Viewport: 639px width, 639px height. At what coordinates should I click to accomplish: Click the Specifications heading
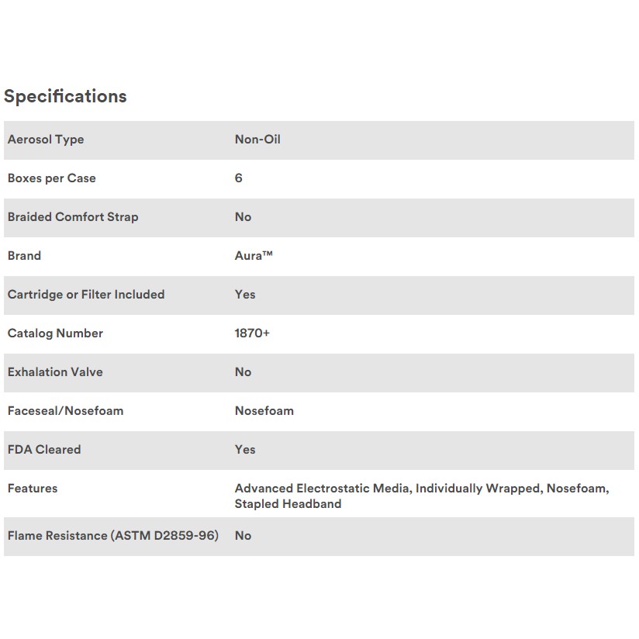65,96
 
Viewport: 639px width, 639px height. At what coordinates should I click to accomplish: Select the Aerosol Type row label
46,140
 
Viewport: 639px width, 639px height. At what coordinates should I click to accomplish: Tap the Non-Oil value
257,140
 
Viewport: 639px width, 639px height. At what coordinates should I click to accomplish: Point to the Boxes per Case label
52,178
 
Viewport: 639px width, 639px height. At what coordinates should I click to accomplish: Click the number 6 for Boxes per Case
239,178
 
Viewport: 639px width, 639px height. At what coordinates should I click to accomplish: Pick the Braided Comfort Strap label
73,217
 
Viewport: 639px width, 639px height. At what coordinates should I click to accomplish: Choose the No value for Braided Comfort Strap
244,217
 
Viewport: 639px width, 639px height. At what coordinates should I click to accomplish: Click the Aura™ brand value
254,256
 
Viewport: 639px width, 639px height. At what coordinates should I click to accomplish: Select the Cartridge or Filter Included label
86,295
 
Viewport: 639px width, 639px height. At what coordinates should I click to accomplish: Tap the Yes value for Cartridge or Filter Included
245,295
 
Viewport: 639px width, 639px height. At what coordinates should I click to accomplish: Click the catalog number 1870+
253,333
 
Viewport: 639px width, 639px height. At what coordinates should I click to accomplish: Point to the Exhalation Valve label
55,372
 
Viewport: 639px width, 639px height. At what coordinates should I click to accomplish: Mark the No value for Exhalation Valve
244,372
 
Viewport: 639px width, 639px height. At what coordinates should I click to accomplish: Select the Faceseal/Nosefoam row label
65,411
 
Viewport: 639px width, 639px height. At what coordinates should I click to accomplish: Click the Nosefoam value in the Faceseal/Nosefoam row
264,411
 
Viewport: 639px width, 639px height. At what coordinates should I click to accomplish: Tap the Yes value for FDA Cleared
245,450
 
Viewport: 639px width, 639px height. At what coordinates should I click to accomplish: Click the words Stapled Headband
288,504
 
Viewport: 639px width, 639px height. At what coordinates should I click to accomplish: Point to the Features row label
33,489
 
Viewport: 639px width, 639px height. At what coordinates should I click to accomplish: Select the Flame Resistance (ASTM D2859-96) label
113,536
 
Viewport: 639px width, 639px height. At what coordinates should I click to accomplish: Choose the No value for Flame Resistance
244,536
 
